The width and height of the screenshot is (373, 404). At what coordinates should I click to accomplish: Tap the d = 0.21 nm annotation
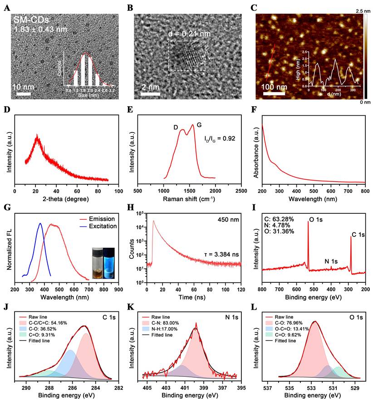(x=186, y=34)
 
